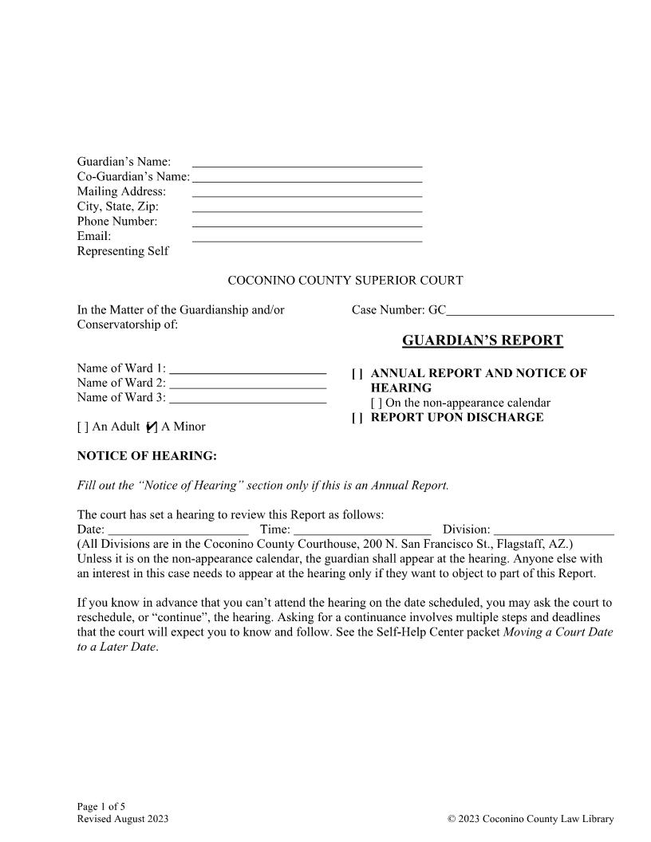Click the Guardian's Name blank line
click(307, 163)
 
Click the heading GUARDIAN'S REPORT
click(482, 341)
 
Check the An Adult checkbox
click(82, 427)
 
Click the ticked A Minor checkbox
click(152, 427)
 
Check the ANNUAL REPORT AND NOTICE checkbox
click(357, 373)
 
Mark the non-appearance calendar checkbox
click(376, 403)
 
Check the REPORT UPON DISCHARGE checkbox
click(357, 418)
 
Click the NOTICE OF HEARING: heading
click(147, 456)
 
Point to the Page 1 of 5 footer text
click(101, 806)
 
